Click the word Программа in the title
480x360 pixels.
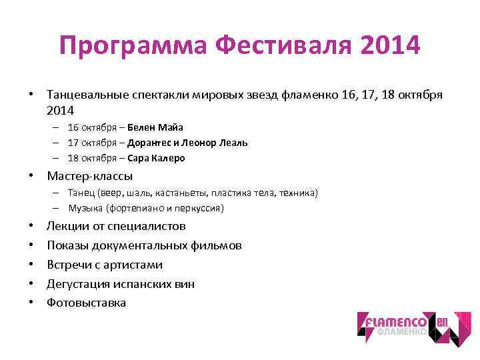click(133, 47)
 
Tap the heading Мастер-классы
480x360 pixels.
click(90, 177)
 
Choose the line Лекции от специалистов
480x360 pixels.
click(116, 227)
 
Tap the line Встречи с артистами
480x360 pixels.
click(105, 265)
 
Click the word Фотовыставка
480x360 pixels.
click(86, 303)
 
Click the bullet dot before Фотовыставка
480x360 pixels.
click(32, 303)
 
